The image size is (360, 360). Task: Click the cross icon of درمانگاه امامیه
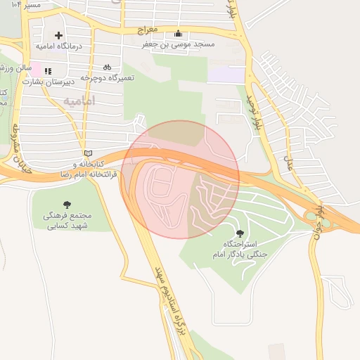[x=58, y=35]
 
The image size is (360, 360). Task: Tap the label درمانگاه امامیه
[x=59, y=46]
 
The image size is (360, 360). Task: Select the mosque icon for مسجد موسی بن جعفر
[x=178, y=34]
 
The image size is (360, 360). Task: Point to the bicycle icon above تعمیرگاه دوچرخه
[x=107, y=67]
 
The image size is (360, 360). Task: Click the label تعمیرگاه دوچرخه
[x=107, y=77]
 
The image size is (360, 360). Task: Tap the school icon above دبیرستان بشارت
[x=48, y=71]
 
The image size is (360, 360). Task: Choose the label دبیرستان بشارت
[x=48, y=81]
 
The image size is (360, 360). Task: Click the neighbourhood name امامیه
[x=79, y=102]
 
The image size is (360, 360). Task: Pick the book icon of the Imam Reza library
[x=88, y=153]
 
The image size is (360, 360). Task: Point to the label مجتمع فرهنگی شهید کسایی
[x=67, y=221]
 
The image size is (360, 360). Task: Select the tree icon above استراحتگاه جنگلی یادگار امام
[x=240, y=233]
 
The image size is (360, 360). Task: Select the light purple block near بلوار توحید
[x=227, y=74]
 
